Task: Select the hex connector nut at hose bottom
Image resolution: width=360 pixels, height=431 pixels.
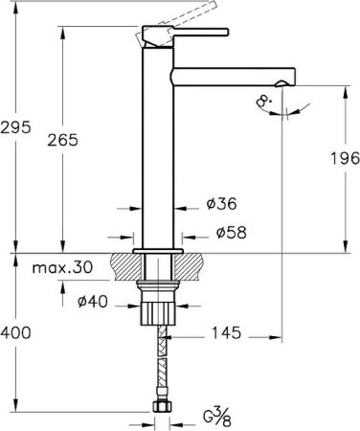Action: (159, 410)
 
